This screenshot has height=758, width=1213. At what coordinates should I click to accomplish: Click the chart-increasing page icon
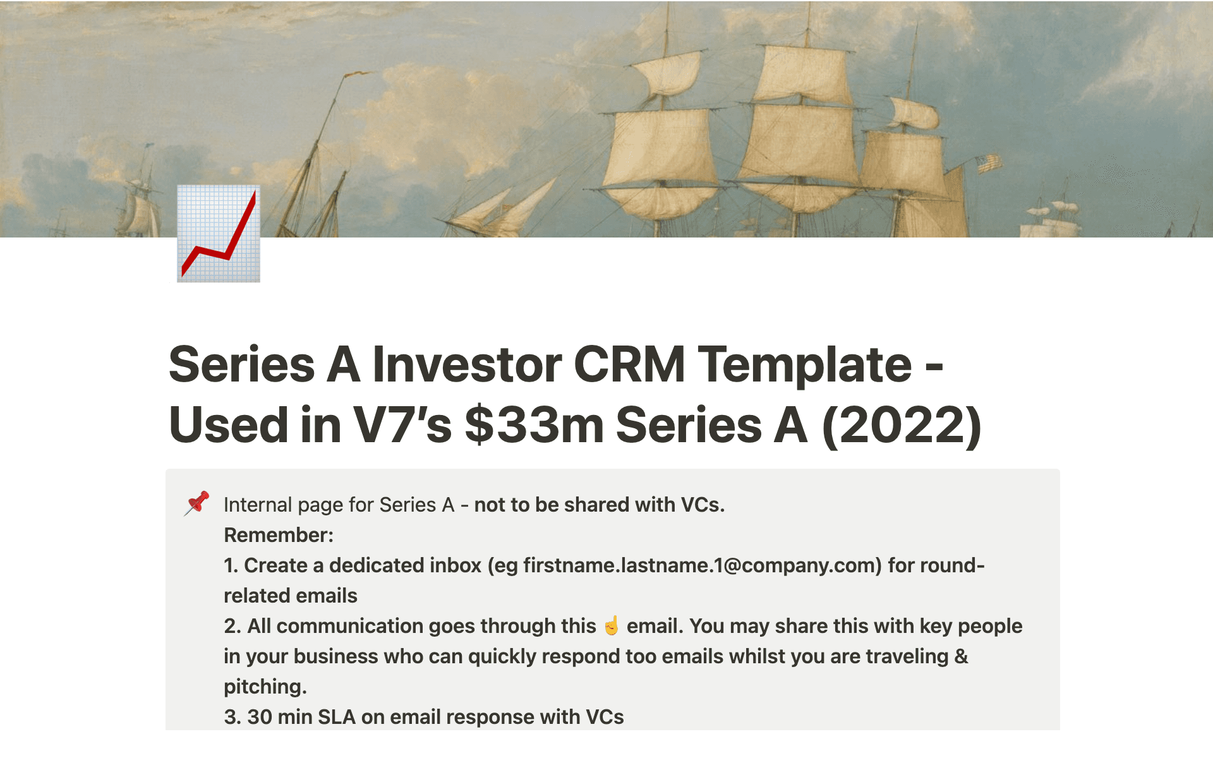tap(219, 234)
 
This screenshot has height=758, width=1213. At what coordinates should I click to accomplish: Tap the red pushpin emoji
tap(196, 503)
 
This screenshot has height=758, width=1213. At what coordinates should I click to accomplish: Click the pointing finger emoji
tap(612, 625)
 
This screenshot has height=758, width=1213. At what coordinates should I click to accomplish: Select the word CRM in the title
tap(629, 364)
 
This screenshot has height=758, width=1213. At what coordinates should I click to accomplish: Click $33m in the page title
tap(534, 424)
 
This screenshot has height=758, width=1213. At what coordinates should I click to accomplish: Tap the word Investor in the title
tap(467, 364)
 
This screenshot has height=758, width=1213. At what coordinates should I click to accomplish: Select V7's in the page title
tap(402, 424)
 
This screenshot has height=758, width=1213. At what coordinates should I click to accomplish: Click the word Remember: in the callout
tap(279, 535)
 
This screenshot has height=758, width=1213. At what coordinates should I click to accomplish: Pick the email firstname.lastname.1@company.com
tap(703, 565)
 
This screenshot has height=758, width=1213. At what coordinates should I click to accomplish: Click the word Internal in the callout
tap(258, 505)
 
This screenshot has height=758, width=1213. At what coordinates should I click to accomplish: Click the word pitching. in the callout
tap(265, 687)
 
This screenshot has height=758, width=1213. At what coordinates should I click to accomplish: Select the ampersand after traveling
tap(961, 656)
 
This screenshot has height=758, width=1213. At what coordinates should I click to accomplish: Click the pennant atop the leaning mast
tap(357, 74)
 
